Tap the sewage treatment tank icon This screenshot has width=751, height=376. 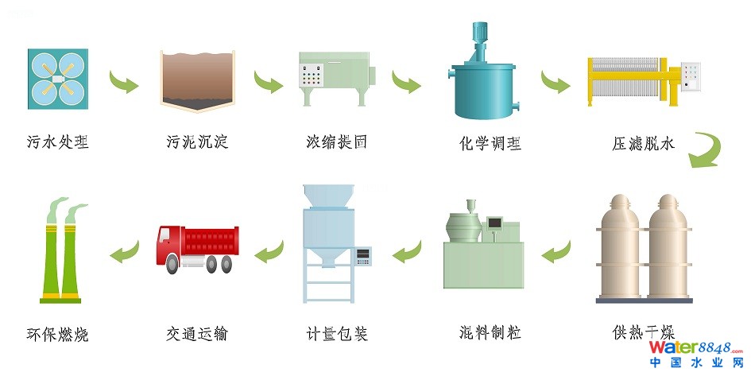pyautogui.click(x=57, y=78)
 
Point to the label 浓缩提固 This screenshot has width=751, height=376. pyautogui.click(x=337, y=143)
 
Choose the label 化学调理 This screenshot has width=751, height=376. pyautogui.click(x=490, y=144)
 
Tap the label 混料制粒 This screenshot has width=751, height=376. pyautogui.click(x=490, y=331)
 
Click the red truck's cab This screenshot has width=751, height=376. pyautogui.click(x=170, y=243)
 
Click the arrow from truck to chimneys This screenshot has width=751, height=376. pyautogui.click(x=124, y=253)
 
